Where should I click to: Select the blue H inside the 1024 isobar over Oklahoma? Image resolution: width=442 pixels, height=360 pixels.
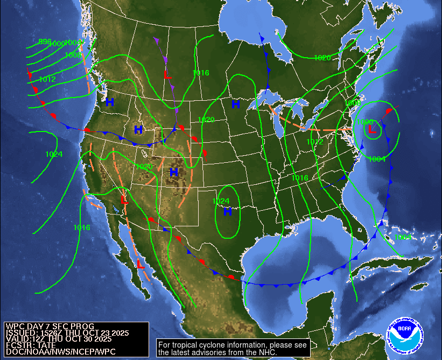(227, 212)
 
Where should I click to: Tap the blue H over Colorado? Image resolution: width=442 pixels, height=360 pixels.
(173, 172)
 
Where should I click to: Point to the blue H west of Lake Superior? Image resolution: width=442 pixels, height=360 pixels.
(236, 104)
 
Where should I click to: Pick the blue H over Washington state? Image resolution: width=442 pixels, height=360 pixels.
(110, 102)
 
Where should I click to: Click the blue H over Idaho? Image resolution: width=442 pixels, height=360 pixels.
(138, 129)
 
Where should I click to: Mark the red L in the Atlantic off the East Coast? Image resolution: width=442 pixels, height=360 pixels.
(370, 129)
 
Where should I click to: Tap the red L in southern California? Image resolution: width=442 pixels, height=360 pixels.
(124, 200)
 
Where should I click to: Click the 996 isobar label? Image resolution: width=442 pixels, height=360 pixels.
(45, 41)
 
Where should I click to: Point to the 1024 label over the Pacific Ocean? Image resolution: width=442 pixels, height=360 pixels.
(54, 155)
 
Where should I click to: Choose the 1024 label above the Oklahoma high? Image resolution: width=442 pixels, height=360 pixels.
(221, 202)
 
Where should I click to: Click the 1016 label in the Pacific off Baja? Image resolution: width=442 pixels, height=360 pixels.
(82, 227)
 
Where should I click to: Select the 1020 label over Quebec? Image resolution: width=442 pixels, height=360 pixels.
(322, 58)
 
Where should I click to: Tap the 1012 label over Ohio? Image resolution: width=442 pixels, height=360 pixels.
(315, 142)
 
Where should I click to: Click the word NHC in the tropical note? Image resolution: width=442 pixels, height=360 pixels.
(268, 352)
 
